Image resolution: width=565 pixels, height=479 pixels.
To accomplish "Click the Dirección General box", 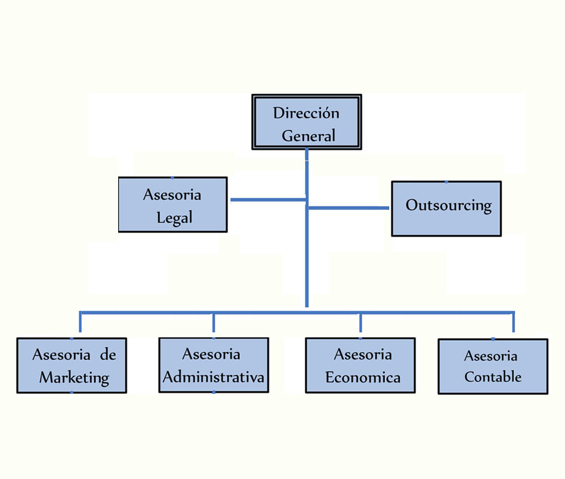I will pyautogui.click(x=306, y=122).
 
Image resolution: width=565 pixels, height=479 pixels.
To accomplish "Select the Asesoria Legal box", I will pyautogui.click(x=172, y=205).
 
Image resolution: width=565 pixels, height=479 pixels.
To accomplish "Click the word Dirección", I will pyautogui.click(x=306, y=113).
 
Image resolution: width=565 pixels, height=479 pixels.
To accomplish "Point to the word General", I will pyautogui.click(x=308, y=136).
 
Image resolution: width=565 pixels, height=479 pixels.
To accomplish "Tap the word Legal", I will pyautogui.click(x=174, y=218).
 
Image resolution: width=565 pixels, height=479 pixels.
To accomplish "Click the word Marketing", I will pyautogui.click(x=74, y=377).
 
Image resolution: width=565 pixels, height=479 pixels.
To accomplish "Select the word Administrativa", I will pyautogui.click(x=213, y=377).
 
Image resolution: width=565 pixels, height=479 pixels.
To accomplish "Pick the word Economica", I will pyautogui.click(x=363, y=377).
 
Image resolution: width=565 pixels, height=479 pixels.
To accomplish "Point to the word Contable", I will pyautogui.click(x=493, y=377).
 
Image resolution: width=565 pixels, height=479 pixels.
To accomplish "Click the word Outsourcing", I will pyautogui.click(x=448, y=206).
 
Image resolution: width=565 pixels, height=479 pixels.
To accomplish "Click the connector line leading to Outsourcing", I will pyautogui.click(x=348, y=207).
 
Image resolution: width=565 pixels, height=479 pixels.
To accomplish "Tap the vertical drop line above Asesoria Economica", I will pyautogui.click(x=360, y=324).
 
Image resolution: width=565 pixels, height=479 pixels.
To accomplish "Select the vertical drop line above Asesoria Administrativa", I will pyautogui.click(x=213, y=324).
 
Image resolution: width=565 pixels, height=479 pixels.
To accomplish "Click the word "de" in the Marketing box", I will pyautogui.click(x=108, y=355).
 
